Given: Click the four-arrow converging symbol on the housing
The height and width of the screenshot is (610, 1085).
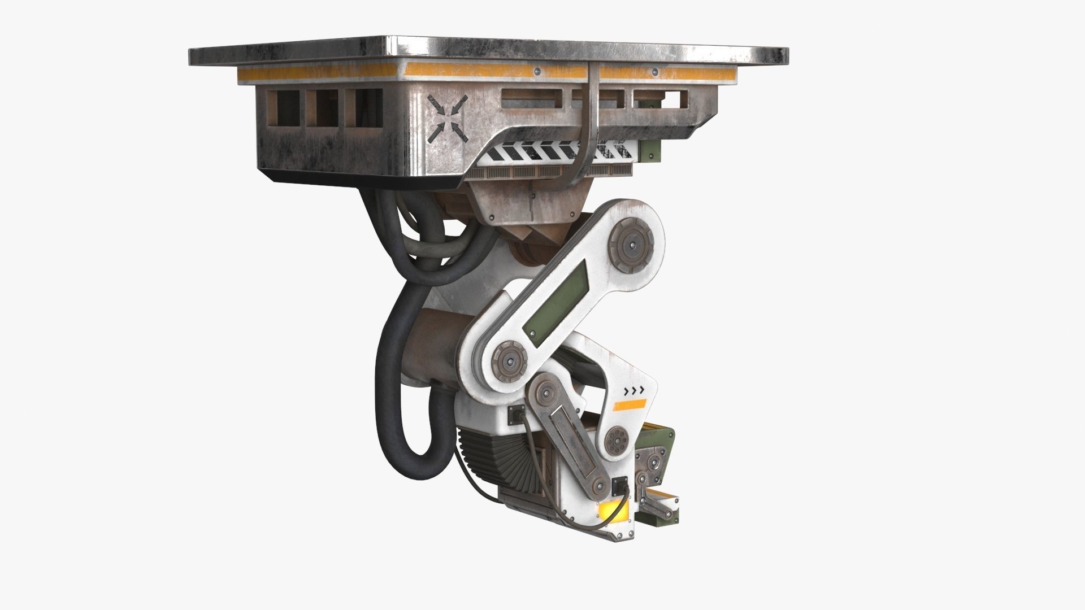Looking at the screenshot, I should (447, 119).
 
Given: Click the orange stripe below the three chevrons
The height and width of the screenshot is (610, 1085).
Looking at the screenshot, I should (630, 404).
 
